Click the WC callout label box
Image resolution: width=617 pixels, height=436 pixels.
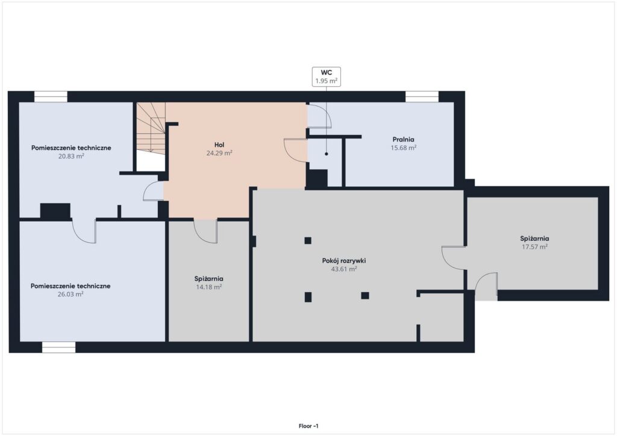(326, 76)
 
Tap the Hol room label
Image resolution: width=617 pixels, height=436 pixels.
(219, 145)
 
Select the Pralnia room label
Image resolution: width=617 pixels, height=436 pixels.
(403, 139)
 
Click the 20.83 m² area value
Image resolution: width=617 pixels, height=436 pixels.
(71, 156)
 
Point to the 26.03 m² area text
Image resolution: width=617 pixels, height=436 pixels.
(71, 294)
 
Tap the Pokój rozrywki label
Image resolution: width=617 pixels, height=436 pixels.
(344, 261)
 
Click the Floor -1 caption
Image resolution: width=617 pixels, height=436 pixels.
(308, 426)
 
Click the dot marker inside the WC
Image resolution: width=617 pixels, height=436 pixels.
(326, 154)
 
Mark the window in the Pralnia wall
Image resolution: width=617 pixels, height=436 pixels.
(422, 97)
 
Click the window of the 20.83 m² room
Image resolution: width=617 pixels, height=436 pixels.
(51, 97)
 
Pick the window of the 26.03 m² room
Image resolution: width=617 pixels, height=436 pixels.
(59, 347)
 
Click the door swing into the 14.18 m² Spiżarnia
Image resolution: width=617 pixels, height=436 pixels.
(205, 231)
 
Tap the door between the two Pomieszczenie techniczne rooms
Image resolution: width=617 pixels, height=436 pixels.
(84, 231)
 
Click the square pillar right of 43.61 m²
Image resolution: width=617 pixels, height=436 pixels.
(365, 296)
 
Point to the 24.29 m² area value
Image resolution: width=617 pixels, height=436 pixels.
(219, 153)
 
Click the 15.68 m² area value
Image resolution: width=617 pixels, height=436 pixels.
(403, 148)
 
